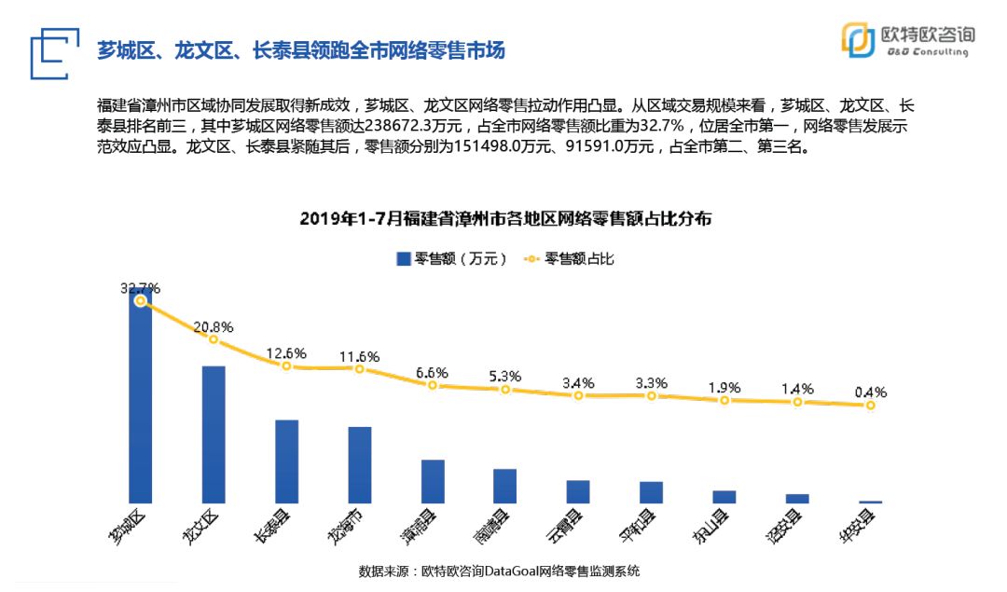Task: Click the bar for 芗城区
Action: coord(141,401)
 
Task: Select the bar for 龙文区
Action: coord(214,434)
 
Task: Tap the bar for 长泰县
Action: coord(286,461)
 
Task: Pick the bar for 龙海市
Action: coord(360,465)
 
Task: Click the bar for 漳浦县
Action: coord(433,481)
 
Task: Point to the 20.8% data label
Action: coord(214,326)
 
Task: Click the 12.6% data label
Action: coord(286,352)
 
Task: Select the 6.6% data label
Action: coord(433,372)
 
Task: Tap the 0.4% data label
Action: coord(869,392)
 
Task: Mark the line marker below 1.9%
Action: coord(724,400)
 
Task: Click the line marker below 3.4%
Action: coord(578,395)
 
